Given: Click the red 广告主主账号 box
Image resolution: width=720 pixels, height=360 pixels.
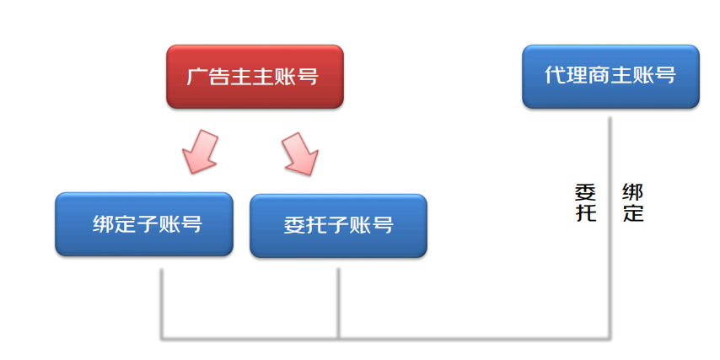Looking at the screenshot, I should click(255, 77).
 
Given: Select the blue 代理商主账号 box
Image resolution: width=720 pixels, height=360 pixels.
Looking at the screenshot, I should click(610, 76).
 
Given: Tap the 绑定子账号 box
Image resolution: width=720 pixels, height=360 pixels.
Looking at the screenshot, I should click(144, 225).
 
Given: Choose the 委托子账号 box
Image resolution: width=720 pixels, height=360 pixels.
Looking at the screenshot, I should click(338, 225).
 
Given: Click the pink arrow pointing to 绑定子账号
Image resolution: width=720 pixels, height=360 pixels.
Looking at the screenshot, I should click(201, 151).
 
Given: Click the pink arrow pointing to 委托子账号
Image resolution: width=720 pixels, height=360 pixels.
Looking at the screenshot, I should click(299, 153).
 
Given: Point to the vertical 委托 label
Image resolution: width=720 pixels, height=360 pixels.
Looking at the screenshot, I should click(585, 201).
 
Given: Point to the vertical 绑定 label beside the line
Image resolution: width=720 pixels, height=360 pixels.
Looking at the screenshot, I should click(633, 201).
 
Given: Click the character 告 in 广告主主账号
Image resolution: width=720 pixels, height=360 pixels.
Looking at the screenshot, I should click(220, 78).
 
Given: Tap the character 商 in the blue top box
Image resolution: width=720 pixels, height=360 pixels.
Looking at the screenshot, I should click(599, 75).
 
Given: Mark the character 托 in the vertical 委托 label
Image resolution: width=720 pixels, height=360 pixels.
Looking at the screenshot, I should click(585, 212).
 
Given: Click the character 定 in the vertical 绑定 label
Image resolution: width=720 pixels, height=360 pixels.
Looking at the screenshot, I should click(633, 212).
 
